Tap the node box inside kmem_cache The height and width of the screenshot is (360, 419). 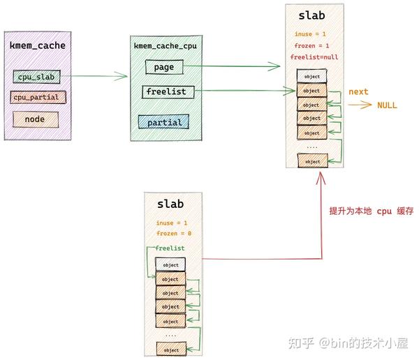tap(34, 119)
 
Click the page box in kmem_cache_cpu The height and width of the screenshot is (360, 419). tap(165, 67)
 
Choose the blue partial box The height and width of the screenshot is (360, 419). tap(164, 122)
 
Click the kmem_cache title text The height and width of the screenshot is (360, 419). tap(37, 45)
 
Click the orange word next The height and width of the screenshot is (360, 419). tap(358, 91)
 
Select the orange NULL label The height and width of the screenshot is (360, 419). tap(387, 105)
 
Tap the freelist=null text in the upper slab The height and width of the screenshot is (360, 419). tap(315, 57)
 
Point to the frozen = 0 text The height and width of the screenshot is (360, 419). tap(174, 233)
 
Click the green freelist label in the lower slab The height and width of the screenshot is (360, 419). tap(170, 248)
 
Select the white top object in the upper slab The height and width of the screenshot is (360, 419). tap(311, 76)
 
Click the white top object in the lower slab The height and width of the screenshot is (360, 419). tap(170, 265)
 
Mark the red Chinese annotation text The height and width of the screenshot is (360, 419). tap(371, 211)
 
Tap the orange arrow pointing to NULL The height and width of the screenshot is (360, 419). tap(360, 105)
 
